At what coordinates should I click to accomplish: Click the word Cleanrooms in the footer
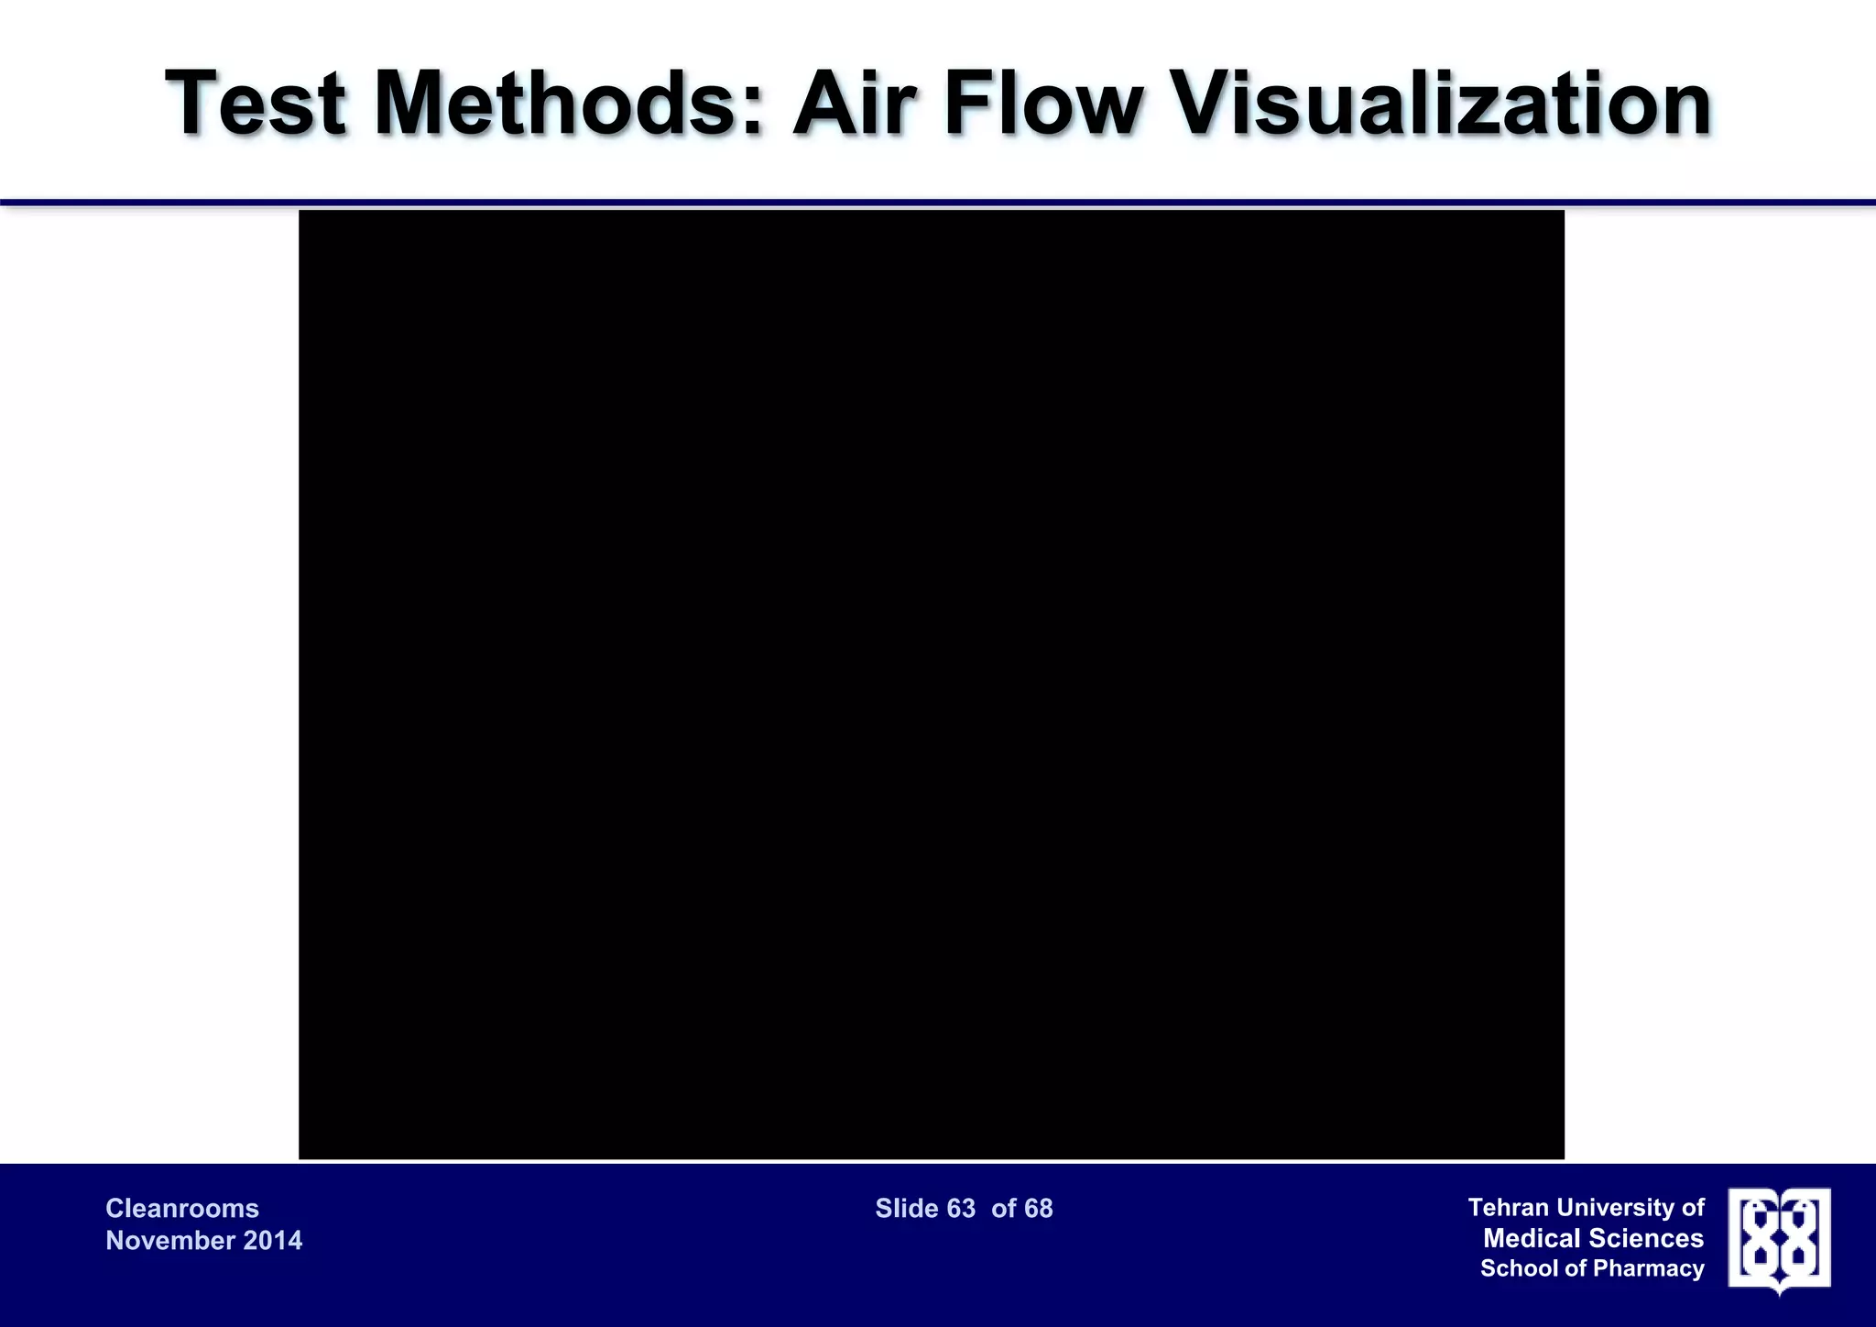pos(182,1209)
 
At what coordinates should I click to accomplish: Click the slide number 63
pos(961,1209)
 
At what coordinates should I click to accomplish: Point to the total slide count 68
pos(1038,1209)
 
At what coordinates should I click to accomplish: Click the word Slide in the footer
pos(907,1209)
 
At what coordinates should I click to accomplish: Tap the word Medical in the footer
pos(1531,1239)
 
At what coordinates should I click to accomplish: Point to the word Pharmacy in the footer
pos(1649,1268)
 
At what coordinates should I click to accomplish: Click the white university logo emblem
pos(1779,1239)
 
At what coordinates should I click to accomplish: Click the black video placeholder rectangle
pos(931,684)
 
